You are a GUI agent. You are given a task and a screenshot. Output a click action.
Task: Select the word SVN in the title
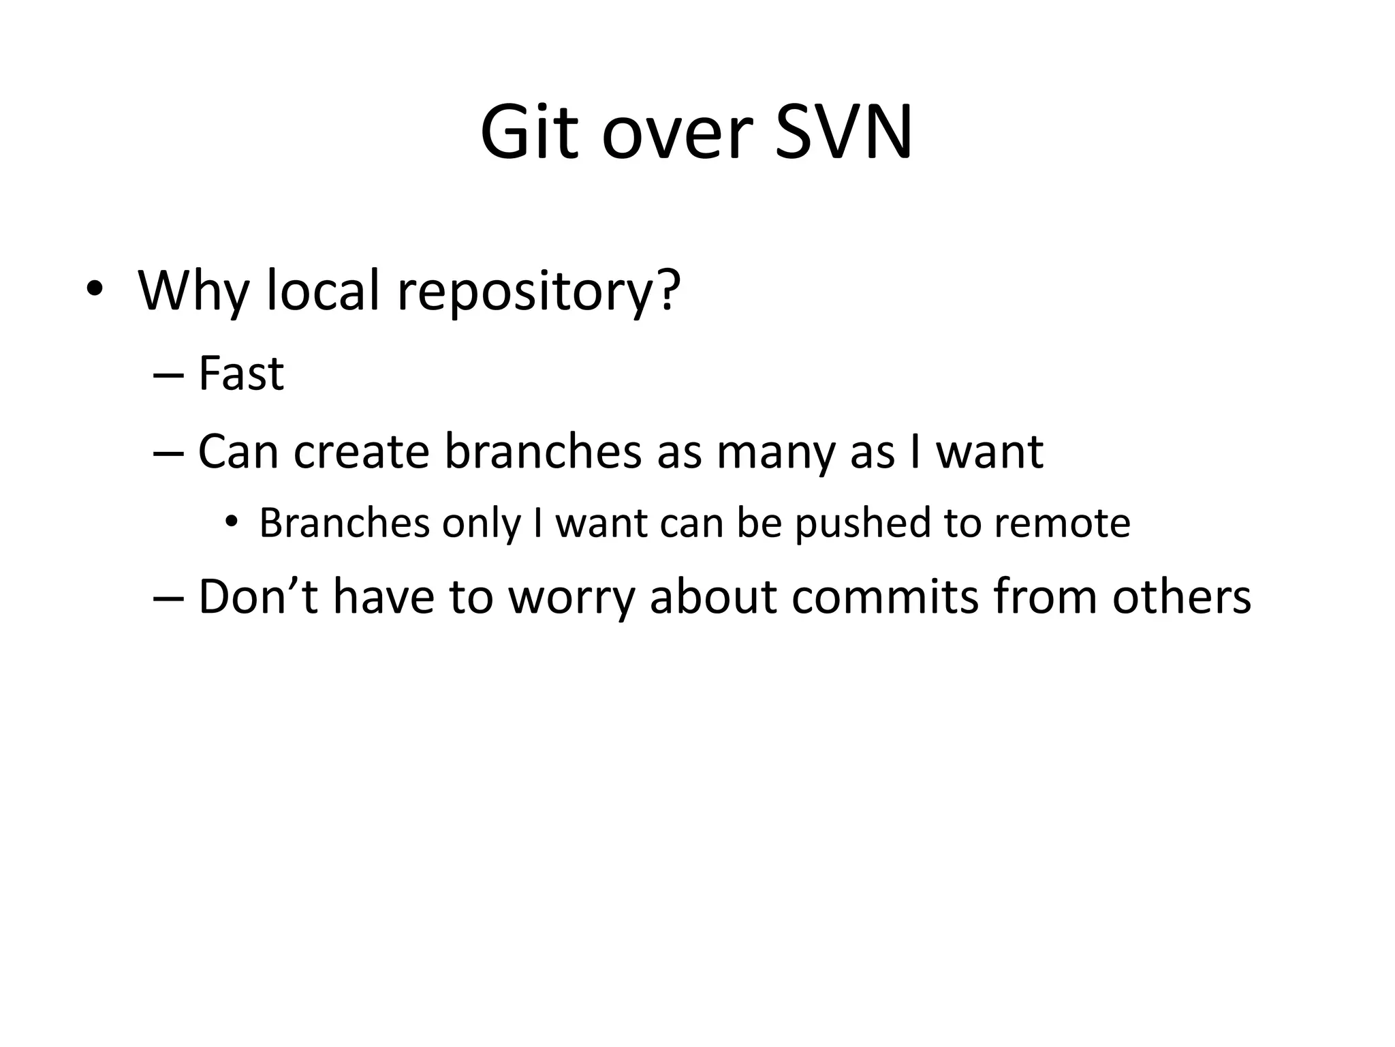(x=843, y=132)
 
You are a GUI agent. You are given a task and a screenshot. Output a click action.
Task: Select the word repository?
(x=539, y=293)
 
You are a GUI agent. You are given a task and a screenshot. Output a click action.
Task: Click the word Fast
(x=240, y=374)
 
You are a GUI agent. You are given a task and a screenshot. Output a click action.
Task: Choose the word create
(x=361, y=451)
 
